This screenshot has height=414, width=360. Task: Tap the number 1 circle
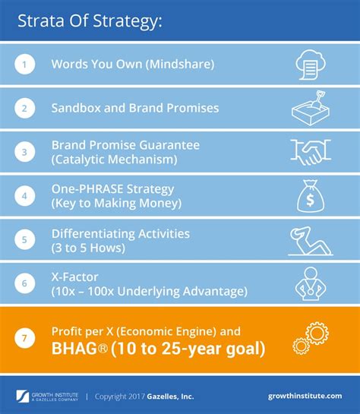click(x=25, y=65)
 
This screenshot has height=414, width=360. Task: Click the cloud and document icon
click(x=310, y=65)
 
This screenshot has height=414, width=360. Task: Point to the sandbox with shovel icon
click(x=310, y=108)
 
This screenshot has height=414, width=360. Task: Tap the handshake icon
click(x=310, y=151)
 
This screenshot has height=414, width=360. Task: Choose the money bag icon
click(x=310, y=195)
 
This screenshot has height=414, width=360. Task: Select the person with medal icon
click(x=310, y=283)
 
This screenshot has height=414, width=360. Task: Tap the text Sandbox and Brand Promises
click(x=134, y=108)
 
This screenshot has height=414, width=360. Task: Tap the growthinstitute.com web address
click(x=305, y=396)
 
